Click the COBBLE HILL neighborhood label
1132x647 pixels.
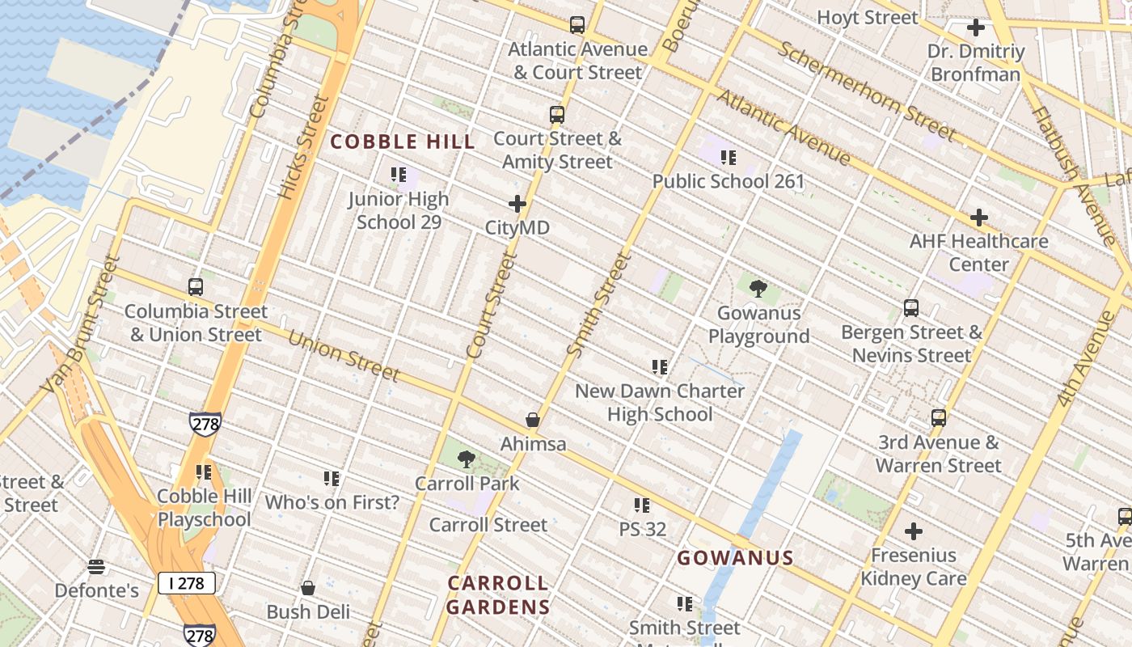click(402, 142)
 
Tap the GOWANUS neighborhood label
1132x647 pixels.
click(734, 557)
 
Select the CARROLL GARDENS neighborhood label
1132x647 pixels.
click(497, 594)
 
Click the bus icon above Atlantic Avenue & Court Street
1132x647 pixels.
click(577, 25)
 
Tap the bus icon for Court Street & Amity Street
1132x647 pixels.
click(557, 115)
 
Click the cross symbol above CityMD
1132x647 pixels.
click(517, 205)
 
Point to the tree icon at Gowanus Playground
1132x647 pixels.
click(758, 289)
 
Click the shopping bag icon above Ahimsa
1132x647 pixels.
click(533, 420)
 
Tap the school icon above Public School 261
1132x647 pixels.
click(729, 158)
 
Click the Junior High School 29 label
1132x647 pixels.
click(399, 209)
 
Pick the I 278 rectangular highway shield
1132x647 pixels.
click(186, 582)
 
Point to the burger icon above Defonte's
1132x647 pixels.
click(96, 566)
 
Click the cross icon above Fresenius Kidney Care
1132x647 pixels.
click(914, 531)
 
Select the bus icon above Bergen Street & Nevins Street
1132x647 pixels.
click(911, 308)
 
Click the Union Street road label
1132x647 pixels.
click(344, 356)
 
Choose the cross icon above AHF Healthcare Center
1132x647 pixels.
click(979, 218)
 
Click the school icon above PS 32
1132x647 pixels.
click(642, 505)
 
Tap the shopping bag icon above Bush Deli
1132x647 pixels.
click(308, 588)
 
